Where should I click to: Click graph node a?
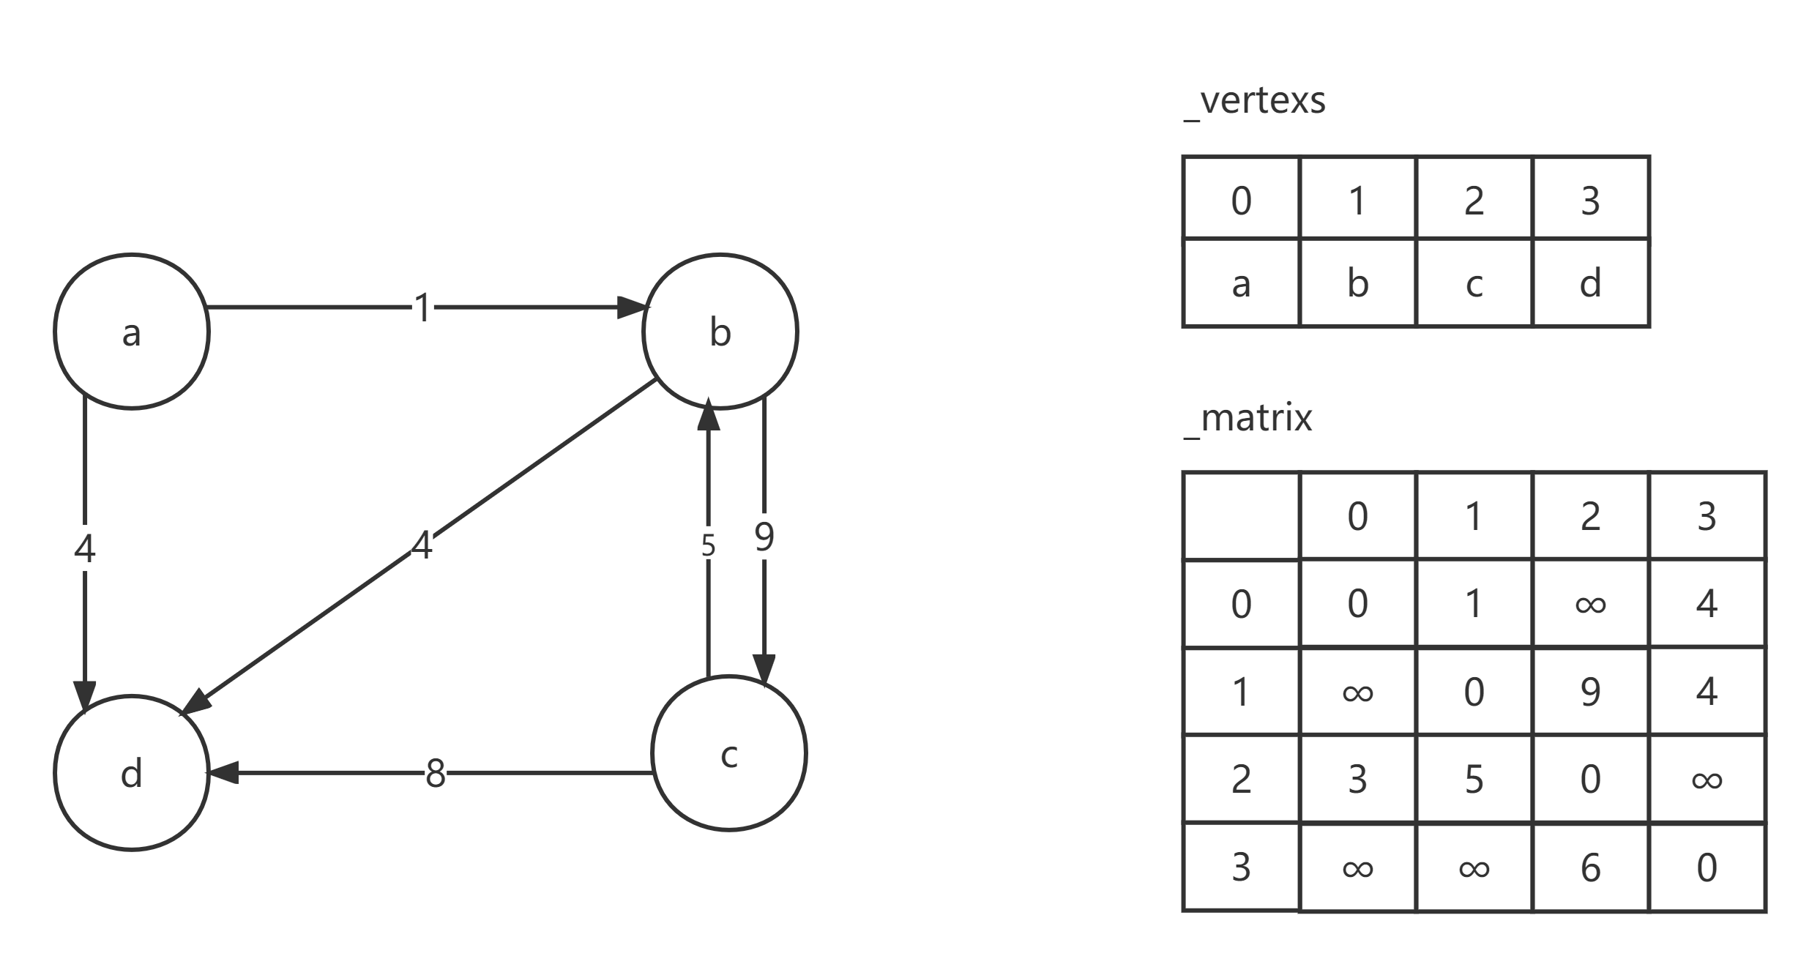click(x=132, y=332)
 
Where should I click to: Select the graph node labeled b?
click(x=720, y=332)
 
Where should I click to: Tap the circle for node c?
click(x=729, y=754)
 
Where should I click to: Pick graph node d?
click(x=132, y=773)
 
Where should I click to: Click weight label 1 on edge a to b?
click(x=422, y=307)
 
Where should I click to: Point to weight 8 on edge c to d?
click(x=436, y=772)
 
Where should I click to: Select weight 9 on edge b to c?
click(x=764, y=537)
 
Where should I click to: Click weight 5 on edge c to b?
click(x=708, y=545)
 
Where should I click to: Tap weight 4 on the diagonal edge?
click(x=422, y=545)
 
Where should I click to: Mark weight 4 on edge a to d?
click(x=85, y=548)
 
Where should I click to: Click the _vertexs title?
click(x=1254, y=102)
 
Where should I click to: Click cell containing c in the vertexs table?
click(x=1474, y=283)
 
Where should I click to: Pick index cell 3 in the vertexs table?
click(x=1590, y=199)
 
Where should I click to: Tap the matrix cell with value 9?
click(x=1590, y=691)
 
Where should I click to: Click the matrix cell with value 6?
click(x=1590, y=867)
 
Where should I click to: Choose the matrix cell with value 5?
click(x=1474, y=779)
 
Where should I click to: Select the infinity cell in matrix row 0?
click(x=1590, y=604)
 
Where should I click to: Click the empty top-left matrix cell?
click(x=1241, y=517)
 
